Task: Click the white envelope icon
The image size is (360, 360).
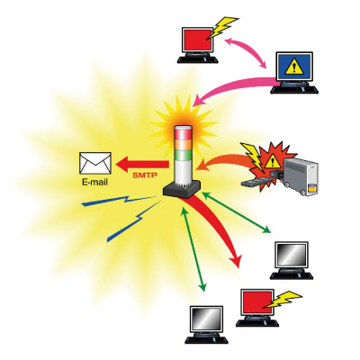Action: pyautogui.click(x=95, y=163)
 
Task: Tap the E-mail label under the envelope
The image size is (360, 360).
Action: pyautogui.click(x=94, y=182)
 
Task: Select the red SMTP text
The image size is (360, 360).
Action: pyautogui.click(x=145, y=175)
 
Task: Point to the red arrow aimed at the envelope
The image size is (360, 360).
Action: pyautogui.click(x=142, y=164)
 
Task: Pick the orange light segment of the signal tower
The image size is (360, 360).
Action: pyautogui.click(x=183, y=145)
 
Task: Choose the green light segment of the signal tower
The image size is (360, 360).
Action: pyautogui.click(x=183, y=155)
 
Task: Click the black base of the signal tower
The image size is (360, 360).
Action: pyautogui.click(x=182, y=189)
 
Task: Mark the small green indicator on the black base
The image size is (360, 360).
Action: pyautogui.click(x=186, y=189)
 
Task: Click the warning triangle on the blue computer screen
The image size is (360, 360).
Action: pyautogui.click(x=294, y=67)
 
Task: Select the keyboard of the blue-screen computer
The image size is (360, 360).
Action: pyautogui.click(x=294, y=90)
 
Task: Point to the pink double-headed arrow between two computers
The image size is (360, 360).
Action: pyautogui.click(x=246, y=52)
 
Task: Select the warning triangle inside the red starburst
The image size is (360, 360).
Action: pyautogui.click(x=272, y=162)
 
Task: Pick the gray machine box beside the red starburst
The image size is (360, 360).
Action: pyautogui.click(x=301, y=176)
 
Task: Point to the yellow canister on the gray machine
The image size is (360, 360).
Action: pyautogui.click(x=312, y=190)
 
